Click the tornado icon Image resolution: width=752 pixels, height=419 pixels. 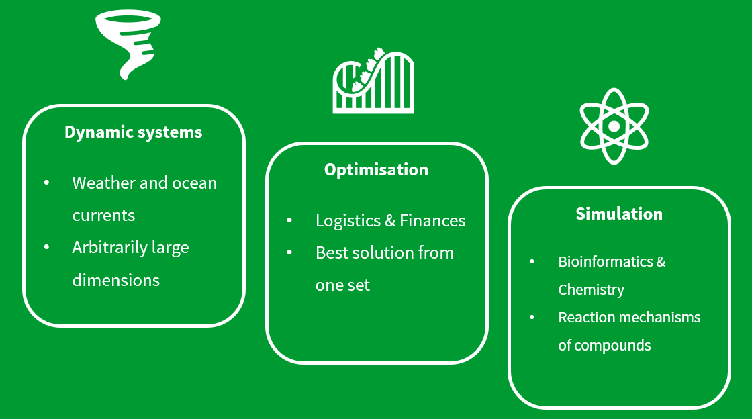pyautogui.click(x=128, y=43)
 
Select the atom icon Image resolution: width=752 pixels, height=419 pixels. pyautogui.click(x=614, y=126)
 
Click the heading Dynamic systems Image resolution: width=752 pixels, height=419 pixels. pyautogui.click(x=133, y=132)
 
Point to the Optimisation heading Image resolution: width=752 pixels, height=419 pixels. pyautogui.click(x=376, y=170)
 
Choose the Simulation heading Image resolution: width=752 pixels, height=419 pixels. pyautogui.click(x=619, y=214)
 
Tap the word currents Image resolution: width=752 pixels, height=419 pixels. pyautogui.click(x=103, y=216)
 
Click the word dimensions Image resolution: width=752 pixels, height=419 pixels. pyautogui.click(x=115, y=280)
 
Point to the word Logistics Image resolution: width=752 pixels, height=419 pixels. pyautogui.click(x=348, y=221)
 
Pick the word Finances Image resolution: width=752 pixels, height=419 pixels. pyautogui.click(x=432, y=221)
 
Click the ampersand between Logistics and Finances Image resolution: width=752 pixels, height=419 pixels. pyautogui.click(x=389, y=221)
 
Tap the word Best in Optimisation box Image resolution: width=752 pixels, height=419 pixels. pyautogui.click(x=331, y=253)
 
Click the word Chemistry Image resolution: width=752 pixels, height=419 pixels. pyautogui.click(x=591, y=290)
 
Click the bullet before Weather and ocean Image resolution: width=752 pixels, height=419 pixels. pyautogui.click(x=46, y=183)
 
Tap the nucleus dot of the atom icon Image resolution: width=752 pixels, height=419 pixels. pyautogui.click(x=614, y=126)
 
